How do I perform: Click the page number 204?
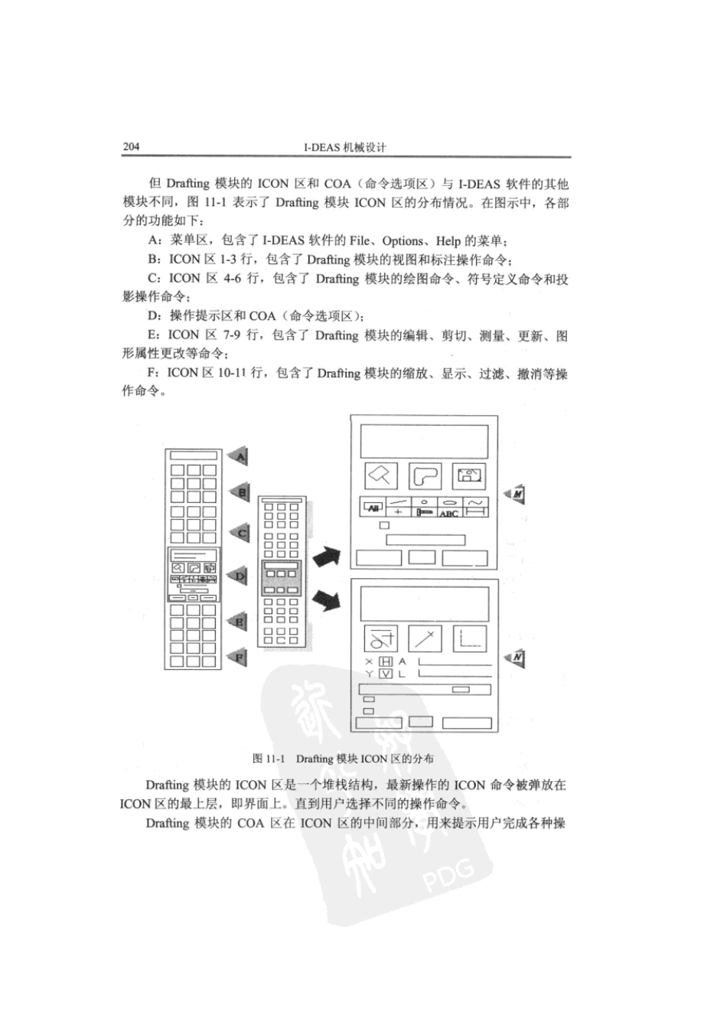131,147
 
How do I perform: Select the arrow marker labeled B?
240,492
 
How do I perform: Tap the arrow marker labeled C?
240,534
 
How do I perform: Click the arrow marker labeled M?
516,495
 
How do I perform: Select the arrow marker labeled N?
516,658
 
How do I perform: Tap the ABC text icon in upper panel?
448,514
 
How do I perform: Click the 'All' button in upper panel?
374,508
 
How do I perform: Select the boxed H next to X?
386,661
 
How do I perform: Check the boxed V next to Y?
386,674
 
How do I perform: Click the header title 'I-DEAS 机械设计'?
345,148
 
